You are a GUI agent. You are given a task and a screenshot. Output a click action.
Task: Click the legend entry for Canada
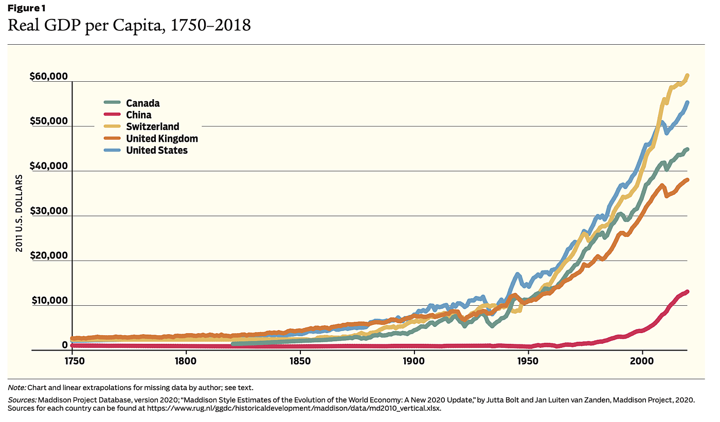point(142,103)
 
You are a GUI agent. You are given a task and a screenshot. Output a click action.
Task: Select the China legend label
point(138,115)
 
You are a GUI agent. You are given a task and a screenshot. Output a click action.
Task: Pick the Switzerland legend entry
point(152,126)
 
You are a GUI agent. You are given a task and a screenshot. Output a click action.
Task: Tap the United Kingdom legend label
point(161,138)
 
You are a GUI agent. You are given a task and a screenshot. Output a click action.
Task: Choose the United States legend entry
point(156,150)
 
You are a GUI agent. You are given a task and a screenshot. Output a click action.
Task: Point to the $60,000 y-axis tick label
point(49,77)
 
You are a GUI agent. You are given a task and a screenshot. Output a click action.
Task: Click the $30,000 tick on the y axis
point(49,211)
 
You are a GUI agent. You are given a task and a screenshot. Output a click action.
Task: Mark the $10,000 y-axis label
point(49,301)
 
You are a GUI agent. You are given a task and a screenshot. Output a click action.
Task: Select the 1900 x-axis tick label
point(415,361)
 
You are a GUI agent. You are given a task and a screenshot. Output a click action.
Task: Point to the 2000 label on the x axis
point(642,361)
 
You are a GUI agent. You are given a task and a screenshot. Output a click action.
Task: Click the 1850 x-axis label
point(300,361)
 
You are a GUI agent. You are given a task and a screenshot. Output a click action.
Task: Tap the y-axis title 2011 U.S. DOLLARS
point(19,213)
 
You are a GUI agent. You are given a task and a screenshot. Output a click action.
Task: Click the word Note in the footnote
point(16,387)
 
